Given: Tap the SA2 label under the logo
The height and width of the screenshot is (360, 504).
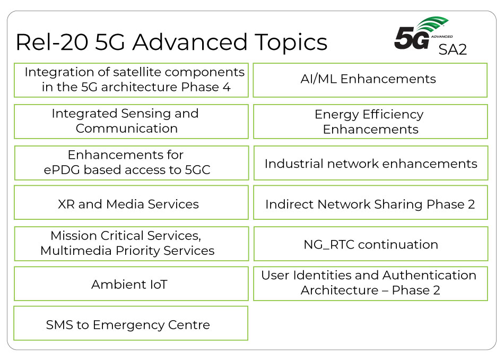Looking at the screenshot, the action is click(x=453, y=49).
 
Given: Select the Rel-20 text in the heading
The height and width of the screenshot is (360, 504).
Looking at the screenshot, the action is click(x=52, y=42).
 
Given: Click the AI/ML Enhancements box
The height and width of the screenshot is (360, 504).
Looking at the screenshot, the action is click(x=370, y=80).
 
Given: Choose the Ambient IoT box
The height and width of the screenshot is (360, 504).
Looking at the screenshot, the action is click(x=131, y=284).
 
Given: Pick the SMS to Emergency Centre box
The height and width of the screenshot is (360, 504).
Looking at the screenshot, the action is click(x=131, y=323).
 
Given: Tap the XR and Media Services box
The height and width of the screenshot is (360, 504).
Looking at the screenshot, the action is click(x=131, y=202).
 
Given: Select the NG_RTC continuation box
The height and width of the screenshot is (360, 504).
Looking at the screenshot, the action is click(x=371, y=244).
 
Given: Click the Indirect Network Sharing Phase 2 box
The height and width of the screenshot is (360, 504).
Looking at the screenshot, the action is click(x=371, y=202).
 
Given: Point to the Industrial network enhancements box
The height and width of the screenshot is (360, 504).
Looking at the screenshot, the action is click(x=371, y=163).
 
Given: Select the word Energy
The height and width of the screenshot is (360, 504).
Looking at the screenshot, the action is click(x=336, y=115).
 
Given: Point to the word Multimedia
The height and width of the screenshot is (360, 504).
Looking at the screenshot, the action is click(x=76, y=250).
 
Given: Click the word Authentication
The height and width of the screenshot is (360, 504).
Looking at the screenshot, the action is click(x=429, y=275).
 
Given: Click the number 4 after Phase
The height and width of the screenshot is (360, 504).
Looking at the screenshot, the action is click(x=227, y=87).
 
